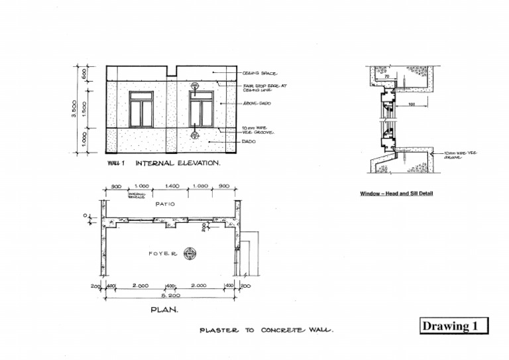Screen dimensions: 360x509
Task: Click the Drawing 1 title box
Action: click(x=454, y=326)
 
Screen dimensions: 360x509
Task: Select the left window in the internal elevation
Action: click(x=141, y=109)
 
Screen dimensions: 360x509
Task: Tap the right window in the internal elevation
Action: click(x=201, y=109)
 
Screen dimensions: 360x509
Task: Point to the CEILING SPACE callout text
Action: click(x=259, y=74)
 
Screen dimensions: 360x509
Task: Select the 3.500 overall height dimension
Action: click(x=74, y=109)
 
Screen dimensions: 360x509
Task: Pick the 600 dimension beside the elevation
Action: click(x=84, y=73)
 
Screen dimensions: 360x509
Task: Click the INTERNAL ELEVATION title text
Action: click(x=178, y=162)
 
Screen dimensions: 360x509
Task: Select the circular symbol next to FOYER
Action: click(x=190, y=253)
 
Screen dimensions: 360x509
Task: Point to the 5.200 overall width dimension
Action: click(x=172, y=296)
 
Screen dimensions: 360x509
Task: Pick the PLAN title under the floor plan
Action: click(x=164, y=310)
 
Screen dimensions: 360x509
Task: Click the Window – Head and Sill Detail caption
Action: click(x=400, y=194)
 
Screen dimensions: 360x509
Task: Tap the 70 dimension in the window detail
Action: click(x=386, y=76)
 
